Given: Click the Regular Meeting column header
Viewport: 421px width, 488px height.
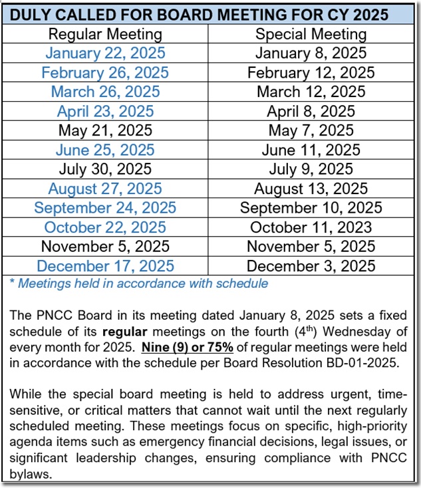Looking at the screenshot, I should [x=105, y=34].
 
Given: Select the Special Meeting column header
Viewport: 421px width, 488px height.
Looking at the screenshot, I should [x=311, y=34].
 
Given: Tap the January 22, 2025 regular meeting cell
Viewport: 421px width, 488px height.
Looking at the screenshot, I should [x=105, y=53].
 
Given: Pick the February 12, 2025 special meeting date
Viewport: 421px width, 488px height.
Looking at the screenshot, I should [x=311, y=72].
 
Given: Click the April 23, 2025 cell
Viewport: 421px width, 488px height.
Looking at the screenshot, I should [x=105, y=111].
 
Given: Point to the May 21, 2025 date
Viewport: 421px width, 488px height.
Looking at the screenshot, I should [x=105, y=130].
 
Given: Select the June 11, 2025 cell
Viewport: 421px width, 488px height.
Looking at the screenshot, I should [x=311, y=150].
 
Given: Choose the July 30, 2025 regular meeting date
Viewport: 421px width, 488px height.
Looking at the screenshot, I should [x=105, y=169].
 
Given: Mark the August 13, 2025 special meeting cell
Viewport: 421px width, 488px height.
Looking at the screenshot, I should [x=311, y=189].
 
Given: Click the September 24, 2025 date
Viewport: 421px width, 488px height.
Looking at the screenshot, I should [x=105, y=208].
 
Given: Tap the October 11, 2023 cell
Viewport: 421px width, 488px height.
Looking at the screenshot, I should [x=311, y=227].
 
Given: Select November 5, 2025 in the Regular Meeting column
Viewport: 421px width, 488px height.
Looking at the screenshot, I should [x=105, y=247].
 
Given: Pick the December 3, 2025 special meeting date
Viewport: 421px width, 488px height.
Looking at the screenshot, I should [x=311, y=266].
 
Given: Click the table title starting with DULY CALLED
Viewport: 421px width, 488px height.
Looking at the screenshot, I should [x=210, y=14].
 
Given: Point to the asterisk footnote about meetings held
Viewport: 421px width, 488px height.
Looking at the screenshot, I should [x=139, y=283].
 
